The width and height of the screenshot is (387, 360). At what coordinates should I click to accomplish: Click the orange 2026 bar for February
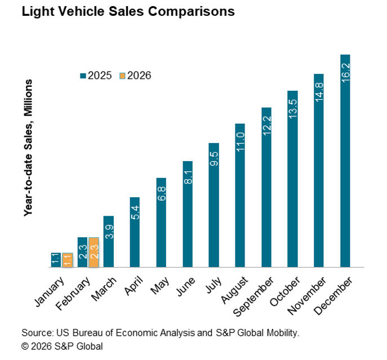pos(94,252)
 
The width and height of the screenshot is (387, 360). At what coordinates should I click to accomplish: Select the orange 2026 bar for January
pos(67,260)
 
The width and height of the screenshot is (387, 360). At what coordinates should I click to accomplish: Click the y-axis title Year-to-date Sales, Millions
pos(27,148)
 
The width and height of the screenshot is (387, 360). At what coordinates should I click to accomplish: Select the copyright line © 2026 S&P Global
pos(62,345)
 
